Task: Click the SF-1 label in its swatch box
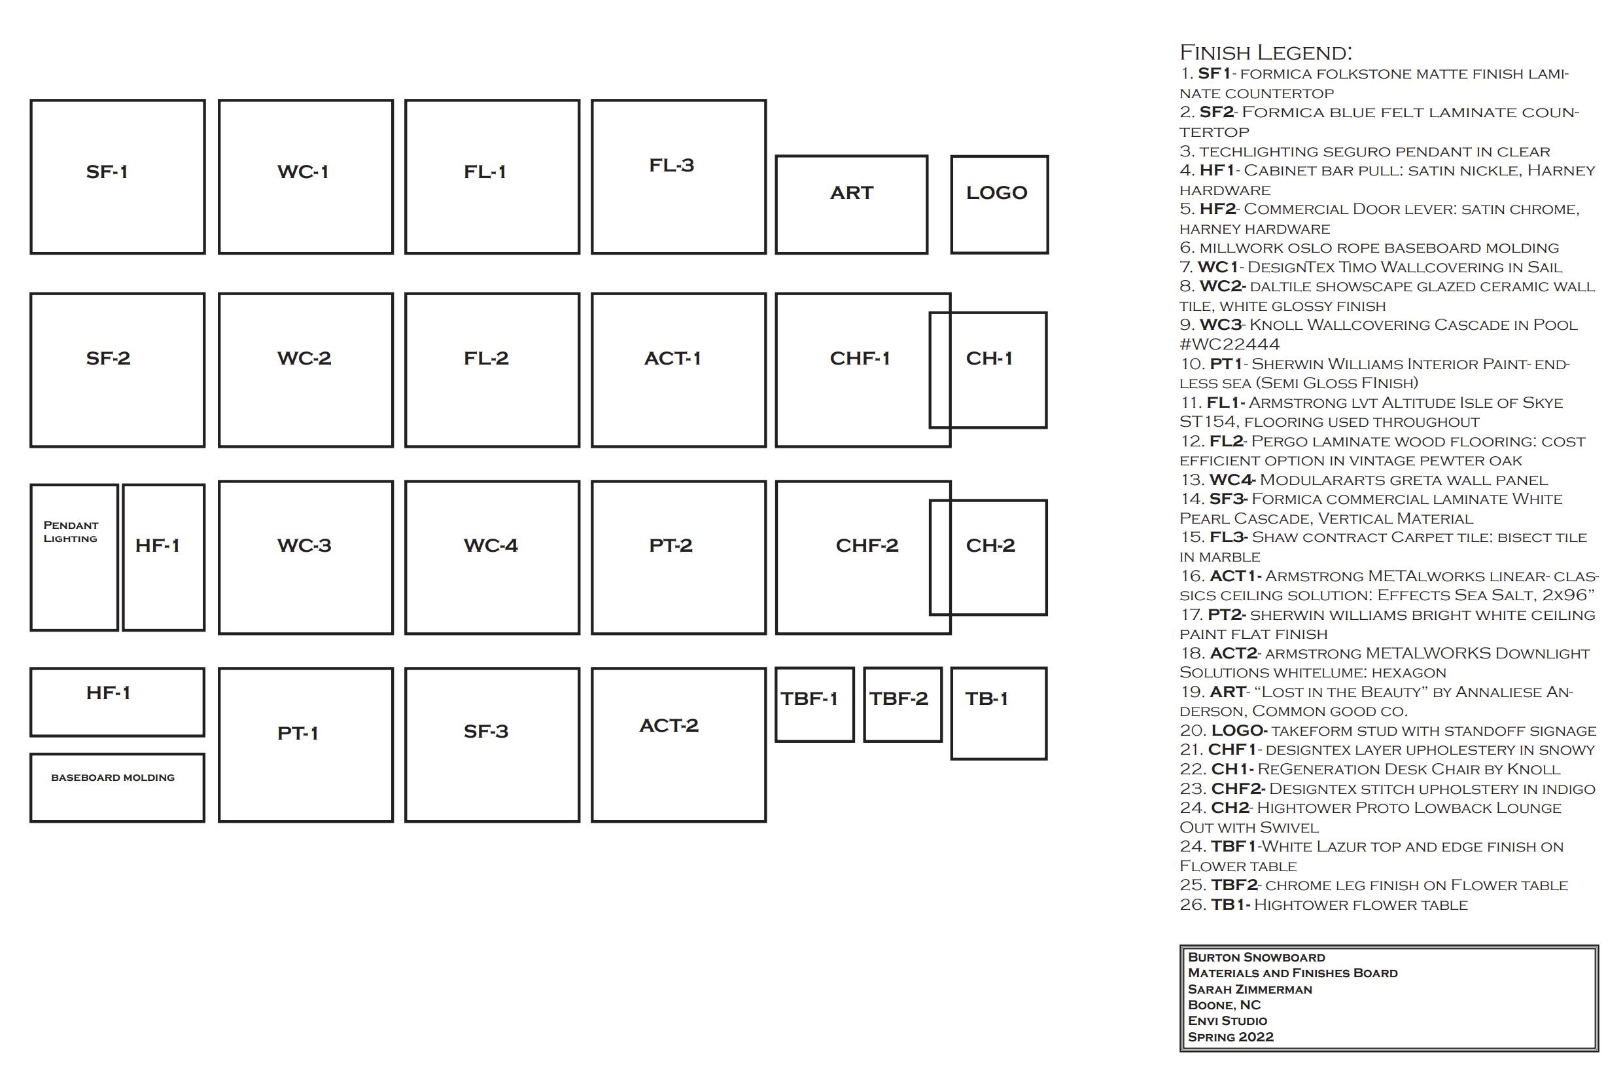click(x=107, y=172)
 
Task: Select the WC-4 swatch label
click(x=491, y=546)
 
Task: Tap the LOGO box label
click(x=996, y=193)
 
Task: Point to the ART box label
click(x=851, y=193)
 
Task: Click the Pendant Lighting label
click(x=71, y=532)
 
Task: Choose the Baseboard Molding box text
click(x=113, y=778)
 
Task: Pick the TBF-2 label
click(x=898, y=699)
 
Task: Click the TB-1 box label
click(x=986, y=699)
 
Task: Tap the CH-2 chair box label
click(x=990, y=546)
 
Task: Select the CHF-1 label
click(x=860, y=359)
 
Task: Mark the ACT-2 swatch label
click(x=669, y=726)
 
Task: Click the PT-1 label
click(x=298, y=734)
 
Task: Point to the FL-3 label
click(x=671, y=166)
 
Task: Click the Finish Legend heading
click(x=1266, y=53)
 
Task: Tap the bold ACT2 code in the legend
click(x=1233, y=654)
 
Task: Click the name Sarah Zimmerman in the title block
click(x=1250, y=990)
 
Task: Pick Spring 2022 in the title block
click(x=1230, y=1037)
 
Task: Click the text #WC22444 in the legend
click(x=1229, y=344)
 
